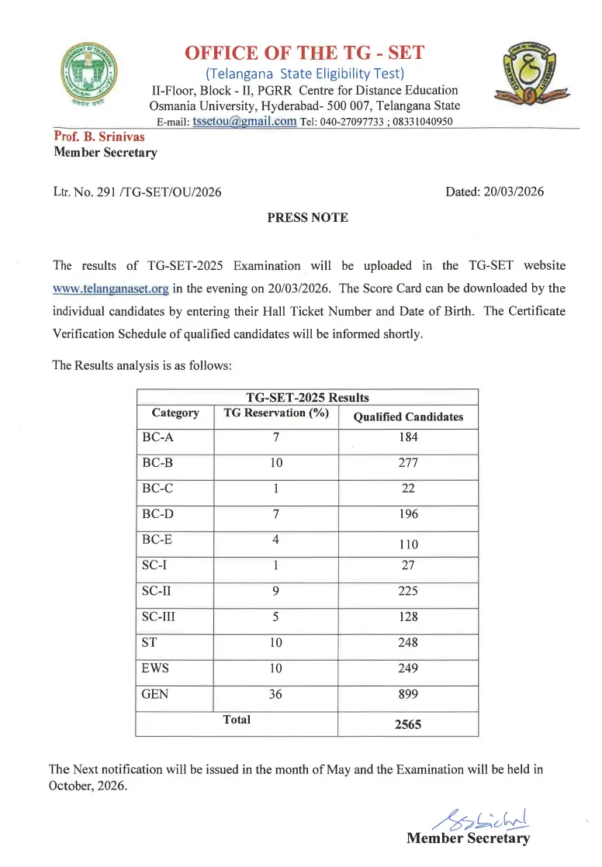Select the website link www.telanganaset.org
coord(111,288)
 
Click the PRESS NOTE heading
coord(307,218)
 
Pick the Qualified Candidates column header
coord(408,416)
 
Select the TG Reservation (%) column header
coord(276,413)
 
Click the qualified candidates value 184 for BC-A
coord(408,437)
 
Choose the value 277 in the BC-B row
coord(408,463)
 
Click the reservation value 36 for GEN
coord(275,695)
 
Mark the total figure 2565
coord(408,725)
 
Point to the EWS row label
coord(155,668)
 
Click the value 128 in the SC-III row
coord(408,617)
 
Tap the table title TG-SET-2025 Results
coord(307,398)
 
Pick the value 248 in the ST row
coord(408,642)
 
